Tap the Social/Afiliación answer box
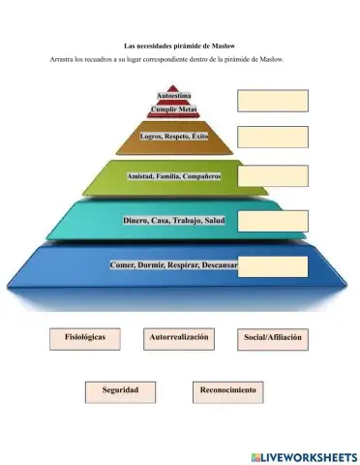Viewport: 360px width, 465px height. pyautogui.click(x=272, y=339)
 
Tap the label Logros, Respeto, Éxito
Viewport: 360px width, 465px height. pyautogui.click(x=174, y=137)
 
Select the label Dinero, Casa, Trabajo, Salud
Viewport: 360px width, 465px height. pyautogui.click(x=173, y=221)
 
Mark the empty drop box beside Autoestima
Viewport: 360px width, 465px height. pyautogui.click(x=272, y=99)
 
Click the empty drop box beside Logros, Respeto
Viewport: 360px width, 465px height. pyautogui.click(x=272, y=138)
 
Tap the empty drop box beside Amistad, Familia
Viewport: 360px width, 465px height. pyautogui.click(x=272, y=176)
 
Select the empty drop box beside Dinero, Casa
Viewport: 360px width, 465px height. pyautogui.click(x=272, y=221)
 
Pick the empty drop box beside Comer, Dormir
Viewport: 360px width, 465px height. pyautogui.click(x=272, y=265)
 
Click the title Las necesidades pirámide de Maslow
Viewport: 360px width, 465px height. pyautogui.click(x=180, y=46)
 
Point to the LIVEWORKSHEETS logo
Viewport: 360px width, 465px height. pyautogui.click(x=302, y=454)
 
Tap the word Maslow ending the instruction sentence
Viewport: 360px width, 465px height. pyautogui.click(x=282, y=60)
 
